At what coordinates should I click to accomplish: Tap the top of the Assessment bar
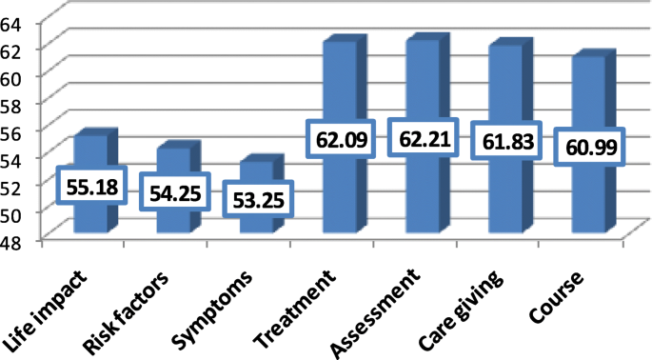pos(425,39)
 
